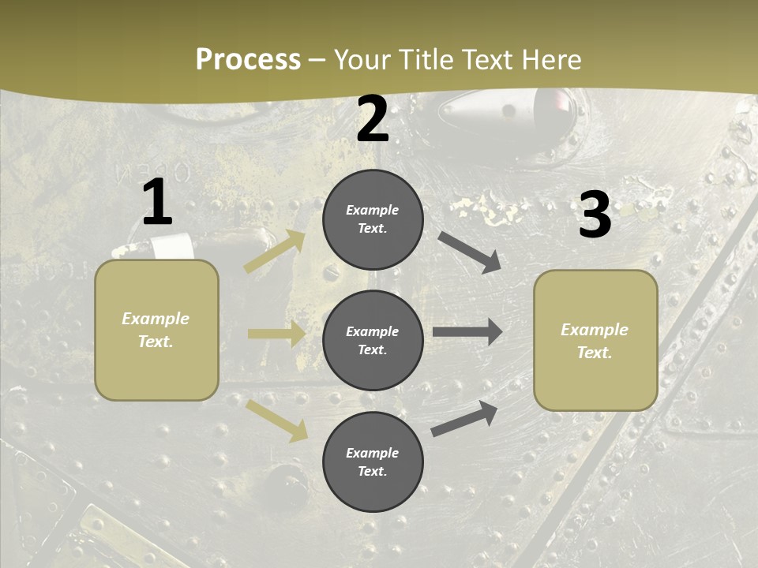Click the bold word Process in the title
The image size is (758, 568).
pyautogui.click(x=248, y=60)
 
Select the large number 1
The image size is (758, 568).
pyautogui.click(x=157, y=203)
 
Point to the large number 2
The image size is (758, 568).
pyautogui.click(x=373, y=120)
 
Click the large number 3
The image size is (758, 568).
pyautogui.click(x=595, y=215)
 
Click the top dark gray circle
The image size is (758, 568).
pyautogui.click(x=373, y=219)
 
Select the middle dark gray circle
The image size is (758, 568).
pyautogui.click(x=373, y=340)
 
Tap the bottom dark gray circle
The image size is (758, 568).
pyautogui.click(x=373, y=461)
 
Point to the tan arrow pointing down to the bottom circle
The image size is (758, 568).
pyautogui.click(x=277, y=420)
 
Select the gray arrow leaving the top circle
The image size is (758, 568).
pyautogui.click(x=471, y=252)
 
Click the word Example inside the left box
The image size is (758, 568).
pyautogui.click(x=156, y=319)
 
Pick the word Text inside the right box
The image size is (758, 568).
pyautogui.click(x=595, y=353)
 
